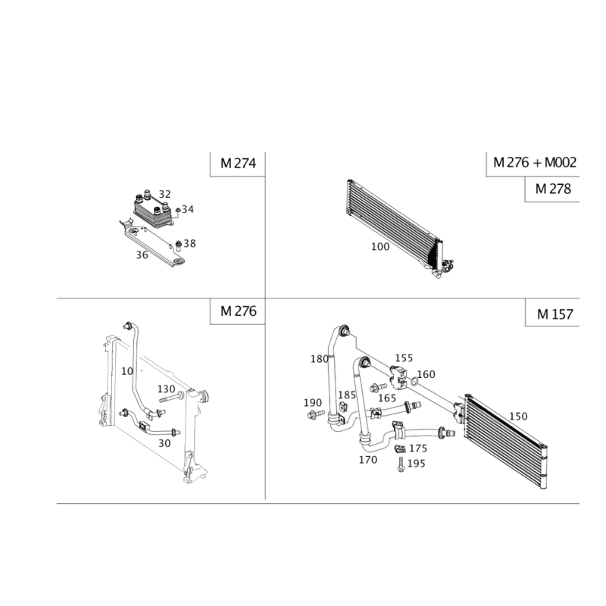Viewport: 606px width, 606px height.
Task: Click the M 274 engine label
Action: click(x=238, y=164)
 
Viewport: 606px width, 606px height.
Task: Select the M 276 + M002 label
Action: click(x=535, y=162)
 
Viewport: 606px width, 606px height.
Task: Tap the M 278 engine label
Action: click(x=553, y=189)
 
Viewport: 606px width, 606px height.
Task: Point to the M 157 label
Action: click(x=555, y=314)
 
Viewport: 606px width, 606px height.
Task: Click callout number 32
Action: click(x=164, y=194)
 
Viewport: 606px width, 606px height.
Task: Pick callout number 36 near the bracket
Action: click(x=142, y=255)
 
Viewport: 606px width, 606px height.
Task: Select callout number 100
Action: click(x=380, y=247)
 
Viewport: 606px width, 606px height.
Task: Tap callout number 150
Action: click(x=518, y=416)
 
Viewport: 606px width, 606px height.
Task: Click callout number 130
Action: click(x=166, y=389)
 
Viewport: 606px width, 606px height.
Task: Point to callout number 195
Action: click(x=416, y=464)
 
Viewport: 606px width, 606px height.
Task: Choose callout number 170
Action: click(x=368, y=460)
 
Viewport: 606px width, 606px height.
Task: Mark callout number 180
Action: click(x=320, y=359)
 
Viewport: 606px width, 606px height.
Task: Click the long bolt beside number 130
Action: click(x=171, y=398)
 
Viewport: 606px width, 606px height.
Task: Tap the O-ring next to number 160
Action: click(x=414, y=382)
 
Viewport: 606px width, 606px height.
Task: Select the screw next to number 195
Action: click(x=401, y=464)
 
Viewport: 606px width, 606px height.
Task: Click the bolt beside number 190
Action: click(x=316, y=414)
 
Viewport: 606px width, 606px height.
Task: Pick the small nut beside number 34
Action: click(x=178, y=211)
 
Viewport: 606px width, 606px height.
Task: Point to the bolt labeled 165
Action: click(x=378, y=387)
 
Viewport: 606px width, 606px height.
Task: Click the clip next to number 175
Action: click(x=400, y=449)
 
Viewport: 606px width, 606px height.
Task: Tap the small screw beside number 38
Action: click(x=179, y=245)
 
